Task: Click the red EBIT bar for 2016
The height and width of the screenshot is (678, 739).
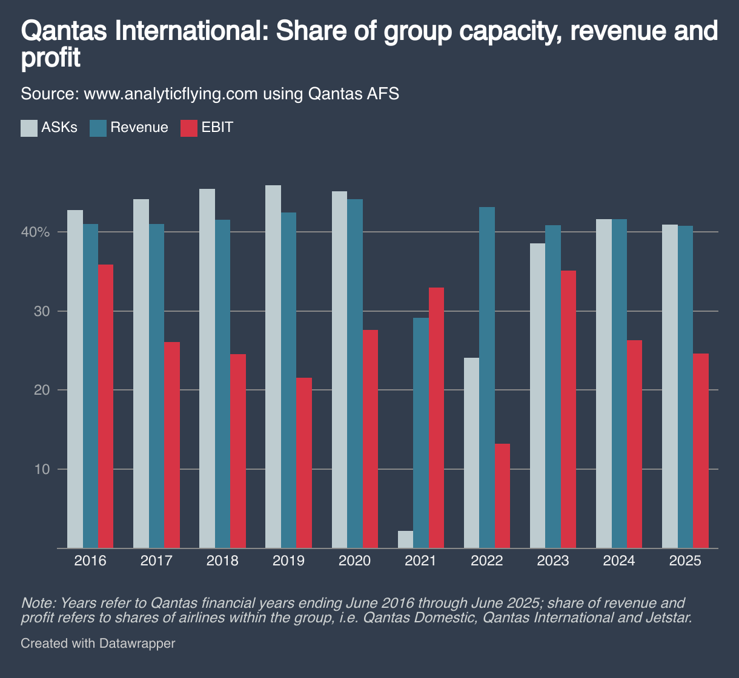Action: point(105,406)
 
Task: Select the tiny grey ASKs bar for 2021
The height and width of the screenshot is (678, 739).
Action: point(405,539)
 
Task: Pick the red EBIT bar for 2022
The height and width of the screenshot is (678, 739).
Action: point(502,496)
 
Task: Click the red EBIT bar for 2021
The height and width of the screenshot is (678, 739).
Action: point(436,418)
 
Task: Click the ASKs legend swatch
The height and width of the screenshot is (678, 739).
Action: point(28,128)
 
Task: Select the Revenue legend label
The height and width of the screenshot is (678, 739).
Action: point(139,128)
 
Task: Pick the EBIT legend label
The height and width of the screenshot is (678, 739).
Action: point(217,128)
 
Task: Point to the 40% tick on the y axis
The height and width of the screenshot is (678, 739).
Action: point(38,232)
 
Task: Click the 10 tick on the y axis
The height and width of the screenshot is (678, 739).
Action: point(41,469)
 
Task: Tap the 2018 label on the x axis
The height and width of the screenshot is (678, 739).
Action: point(222,561)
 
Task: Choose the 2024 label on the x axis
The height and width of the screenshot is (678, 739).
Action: point(619,561)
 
